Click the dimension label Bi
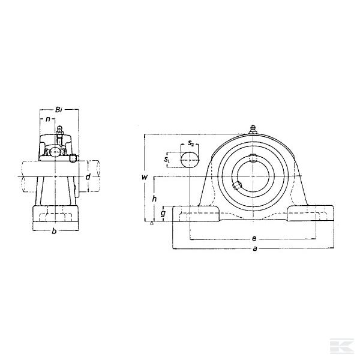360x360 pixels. click(59, 110)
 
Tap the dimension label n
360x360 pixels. click(48, 119)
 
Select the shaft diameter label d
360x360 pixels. click(88, 177)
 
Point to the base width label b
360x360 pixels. click(54, 231)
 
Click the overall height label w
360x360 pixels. click(145, 177)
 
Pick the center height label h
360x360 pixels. click(154, 199)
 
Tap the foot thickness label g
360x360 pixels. click(163, 214)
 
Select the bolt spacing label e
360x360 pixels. click(254, 239)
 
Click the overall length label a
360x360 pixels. click(254, 248)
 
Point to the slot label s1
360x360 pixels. click(167, 159)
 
